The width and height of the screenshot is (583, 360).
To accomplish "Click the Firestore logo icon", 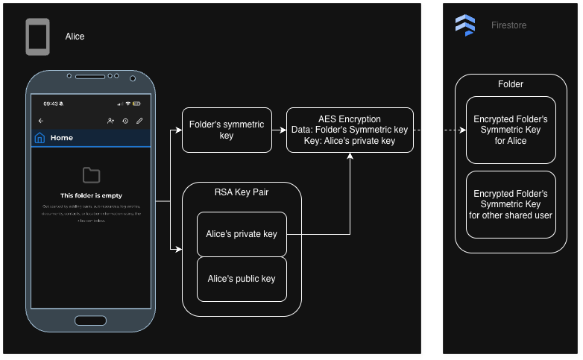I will click(x=465, y=25).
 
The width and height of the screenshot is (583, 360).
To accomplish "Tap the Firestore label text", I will click(x=508, y=25).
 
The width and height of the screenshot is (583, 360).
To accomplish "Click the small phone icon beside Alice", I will click(x=37, y=37).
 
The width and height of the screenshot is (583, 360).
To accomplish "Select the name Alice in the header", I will click(x=75, y=36).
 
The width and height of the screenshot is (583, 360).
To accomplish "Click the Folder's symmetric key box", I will click(x=227, y=130).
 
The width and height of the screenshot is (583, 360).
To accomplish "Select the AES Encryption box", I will click(x=350, y=130).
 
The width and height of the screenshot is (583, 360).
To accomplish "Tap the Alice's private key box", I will click(x=242, y=234).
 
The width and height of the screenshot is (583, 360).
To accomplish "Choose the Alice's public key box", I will click(x=242, y=279).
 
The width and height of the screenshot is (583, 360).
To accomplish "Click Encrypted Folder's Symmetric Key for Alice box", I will click(x=511, y=130).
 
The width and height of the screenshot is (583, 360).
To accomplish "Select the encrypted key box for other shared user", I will click(x=511, y=204).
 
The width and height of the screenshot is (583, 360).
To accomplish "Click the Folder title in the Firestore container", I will click(x=511, y=84).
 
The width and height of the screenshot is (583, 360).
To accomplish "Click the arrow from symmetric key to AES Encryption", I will click(x=280, y=130).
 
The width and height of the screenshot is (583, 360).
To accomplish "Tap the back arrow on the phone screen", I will click(x=41, y=121).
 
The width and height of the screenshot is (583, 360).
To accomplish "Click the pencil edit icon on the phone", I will click(x=139, y=121).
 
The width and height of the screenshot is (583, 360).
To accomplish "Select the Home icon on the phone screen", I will click(x=40, y=138).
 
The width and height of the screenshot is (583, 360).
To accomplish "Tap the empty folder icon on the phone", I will click(x=91, y=175).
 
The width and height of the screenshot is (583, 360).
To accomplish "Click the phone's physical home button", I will click(x=91, y=320).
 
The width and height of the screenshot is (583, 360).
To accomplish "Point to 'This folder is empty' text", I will click(x=91, y=195).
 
